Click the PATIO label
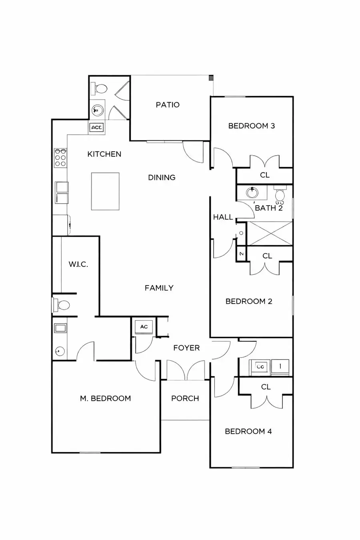coord(168,105)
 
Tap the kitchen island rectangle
coord(105,191)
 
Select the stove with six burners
coord(61,158)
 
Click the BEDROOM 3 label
coord(251,126)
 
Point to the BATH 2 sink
coord(252,193)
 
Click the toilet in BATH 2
coord(280,195)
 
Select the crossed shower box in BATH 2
coord(270,233)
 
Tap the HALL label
coord(223,217)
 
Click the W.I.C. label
coord(78,264)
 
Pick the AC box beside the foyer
coord(144,326)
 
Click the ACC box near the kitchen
coord(96,128)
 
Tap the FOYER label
coord(186,348)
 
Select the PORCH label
coord(185,398)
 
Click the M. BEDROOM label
coord(105,398)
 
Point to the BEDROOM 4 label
coord(248,431)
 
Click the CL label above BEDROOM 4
coord(266,387)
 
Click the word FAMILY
coord(159,288)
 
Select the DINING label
coord(162,178)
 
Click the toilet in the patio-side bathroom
coord(100,88)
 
